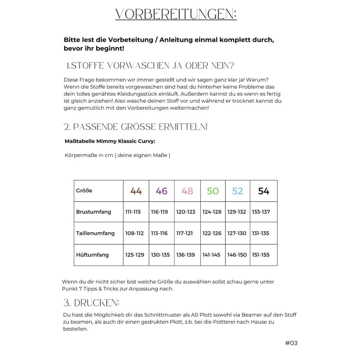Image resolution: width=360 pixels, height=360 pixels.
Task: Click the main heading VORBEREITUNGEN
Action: tap(176, 14)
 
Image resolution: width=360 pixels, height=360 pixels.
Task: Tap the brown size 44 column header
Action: tap(136, 191)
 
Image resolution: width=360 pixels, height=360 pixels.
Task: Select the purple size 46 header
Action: tap(162, 191)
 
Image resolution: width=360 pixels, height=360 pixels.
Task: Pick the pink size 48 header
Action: tap(187, 191)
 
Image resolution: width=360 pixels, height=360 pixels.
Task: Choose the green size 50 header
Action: tap(213, 191)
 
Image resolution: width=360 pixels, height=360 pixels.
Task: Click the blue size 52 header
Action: tap(238, 191)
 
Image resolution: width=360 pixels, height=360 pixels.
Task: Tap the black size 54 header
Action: tap(263, 191)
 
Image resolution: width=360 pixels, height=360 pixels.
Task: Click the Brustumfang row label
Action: tap(93, 212)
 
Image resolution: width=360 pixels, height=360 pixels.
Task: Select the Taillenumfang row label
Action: tap(95, 233)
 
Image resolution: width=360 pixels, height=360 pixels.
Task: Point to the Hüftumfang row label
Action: tap(92, 255)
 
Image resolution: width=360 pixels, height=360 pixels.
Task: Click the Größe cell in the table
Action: tap(84, 191)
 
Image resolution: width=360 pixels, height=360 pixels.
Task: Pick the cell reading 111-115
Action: tap(133, 212)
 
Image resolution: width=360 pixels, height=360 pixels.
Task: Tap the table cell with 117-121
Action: tap(185, 233)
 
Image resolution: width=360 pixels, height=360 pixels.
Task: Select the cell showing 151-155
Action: tap(261, 255)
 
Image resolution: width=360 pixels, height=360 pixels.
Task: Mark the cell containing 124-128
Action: tap(212, 212)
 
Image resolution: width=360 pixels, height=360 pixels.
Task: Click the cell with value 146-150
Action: tap(237, 255)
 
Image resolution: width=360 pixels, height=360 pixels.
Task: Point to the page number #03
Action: tap(291, 343)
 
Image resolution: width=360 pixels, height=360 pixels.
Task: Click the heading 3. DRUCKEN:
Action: tap(91, 303)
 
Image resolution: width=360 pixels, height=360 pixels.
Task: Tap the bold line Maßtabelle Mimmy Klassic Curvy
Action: tap(110, 141)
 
